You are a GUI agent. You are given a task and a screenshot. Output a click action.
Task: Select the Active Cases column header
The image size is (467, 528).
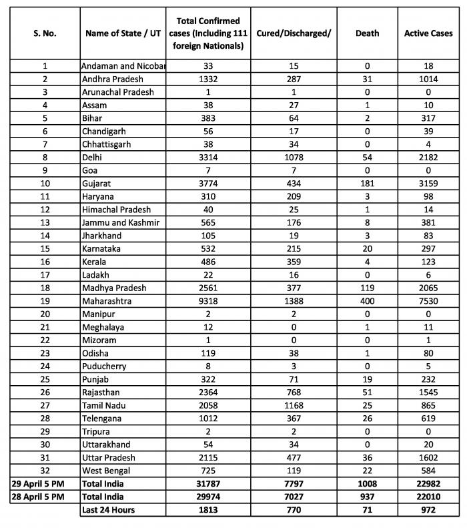[x=428, y=33]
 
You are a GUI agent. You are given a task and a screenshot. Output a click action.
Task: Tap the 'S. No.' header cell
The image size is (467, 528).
[x=45, y=33]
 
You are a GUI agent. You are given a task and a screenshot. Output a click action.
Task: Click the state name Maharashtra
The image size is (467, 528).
[x=107, y=301]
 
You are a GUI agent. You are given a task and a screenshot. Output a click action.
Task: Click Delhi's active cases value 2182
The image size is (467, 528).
[x=428, y=158]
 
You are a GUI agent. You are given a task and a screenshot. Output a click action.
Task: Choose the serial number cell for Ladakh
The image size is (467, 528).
[x=45, y=275]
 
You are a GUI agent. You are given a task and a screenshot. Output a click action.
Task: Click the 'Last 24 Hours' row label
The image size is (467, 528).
[x=108, y=510]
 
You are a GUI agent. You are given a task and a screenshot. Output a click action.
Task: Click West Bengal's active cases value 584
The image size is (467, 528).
[x=428, y=471]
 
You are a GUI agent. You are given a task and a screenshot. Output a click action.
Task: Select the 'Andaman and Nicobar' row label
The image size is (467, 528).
[x=123, y=66]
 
